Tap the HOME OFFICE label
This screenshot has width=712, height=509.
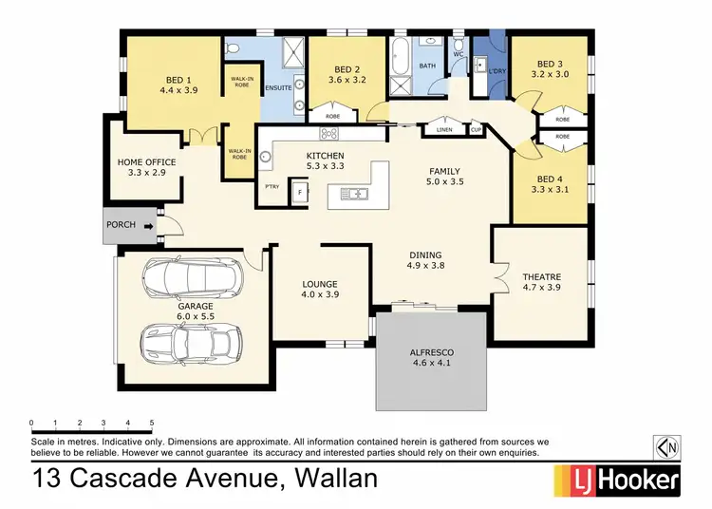[x=147, y=162]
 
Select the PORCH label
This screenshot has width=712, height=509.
[x=121, y=226]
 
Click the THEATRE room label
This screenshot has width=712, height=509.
[x=541, y=278]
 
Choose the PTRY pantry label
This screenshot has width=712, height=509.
[x=272, y=187]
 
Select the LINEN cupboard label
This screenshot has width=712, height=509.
[x=444, y=128]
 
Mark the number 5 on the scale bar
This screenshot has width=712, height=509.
[x=152, y=422]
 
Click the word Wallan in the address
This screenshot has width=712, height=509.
[x=328, y=479]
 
